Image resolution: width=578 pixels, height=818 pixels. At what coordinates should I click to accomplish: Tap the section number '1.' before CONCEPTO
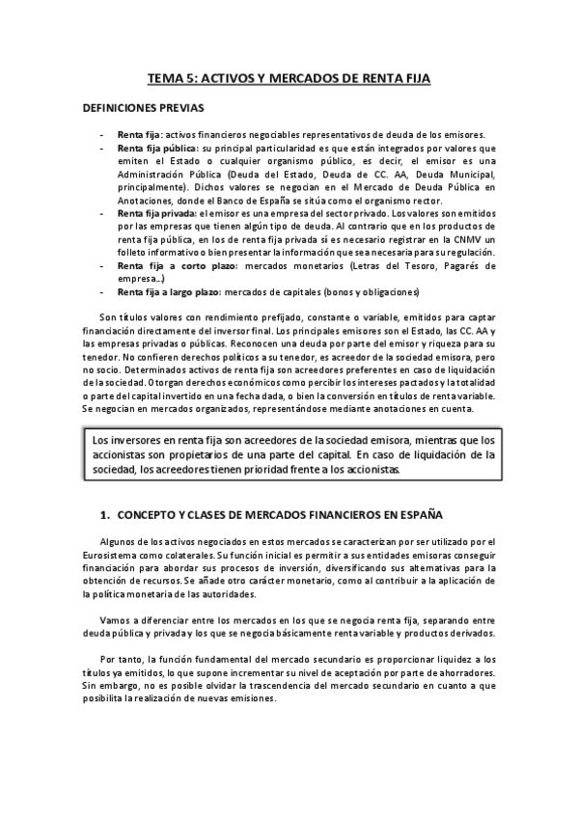105,513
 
